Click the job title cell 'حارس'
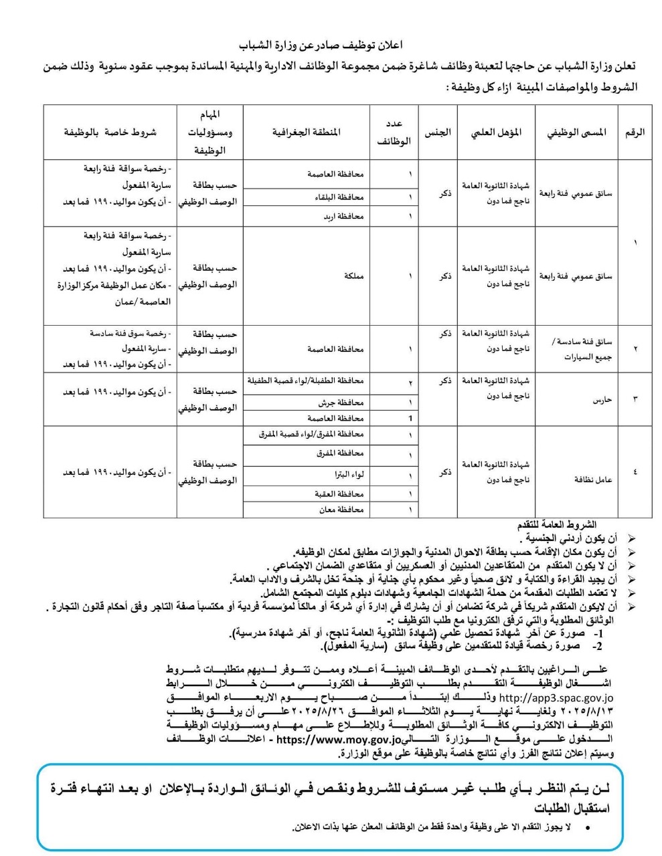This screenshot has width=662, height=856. [602, 399]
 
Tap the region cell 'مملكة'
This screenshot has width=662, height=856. [353, 276]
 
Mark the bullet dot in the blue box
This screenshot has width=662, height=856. [587, 828]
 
